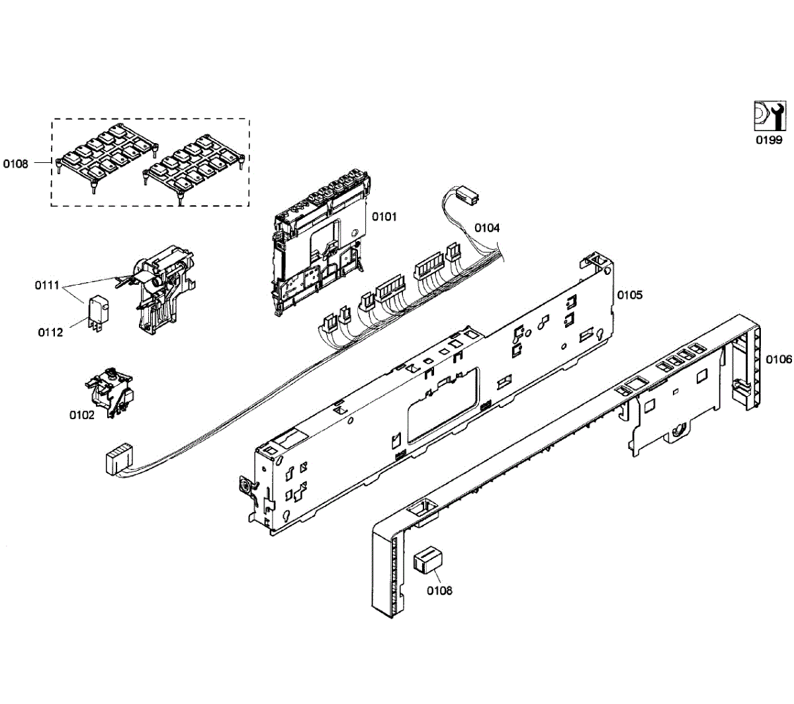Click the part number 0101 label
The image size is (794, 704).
pyautogui.click(x=384, y=217)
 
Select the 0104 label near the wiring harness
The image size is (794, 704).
pyautogui.click(x=487, y=228)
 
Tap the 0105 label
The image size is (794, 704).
pyautogui.click(x=630, y=295)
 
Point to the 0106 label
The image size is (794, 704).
pyautogui.click(x=779, y=359)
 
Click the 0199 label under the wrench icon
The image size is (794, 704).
pyautogui.click(x=769, y=140)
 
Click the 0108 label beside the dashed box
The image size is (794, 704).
pyautogui.click(x=16, y=164)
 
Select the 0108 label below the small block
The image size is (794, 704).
pyautogui.click(x=439, y=591)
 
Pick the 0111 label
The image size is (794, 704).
pyautogui.click(x=48, y=285)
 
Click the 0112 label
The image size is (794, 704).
pyautogui.click(x=50, y=332)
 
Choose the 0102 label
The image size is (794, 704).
pyautogui.click(x=82, y=415)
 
